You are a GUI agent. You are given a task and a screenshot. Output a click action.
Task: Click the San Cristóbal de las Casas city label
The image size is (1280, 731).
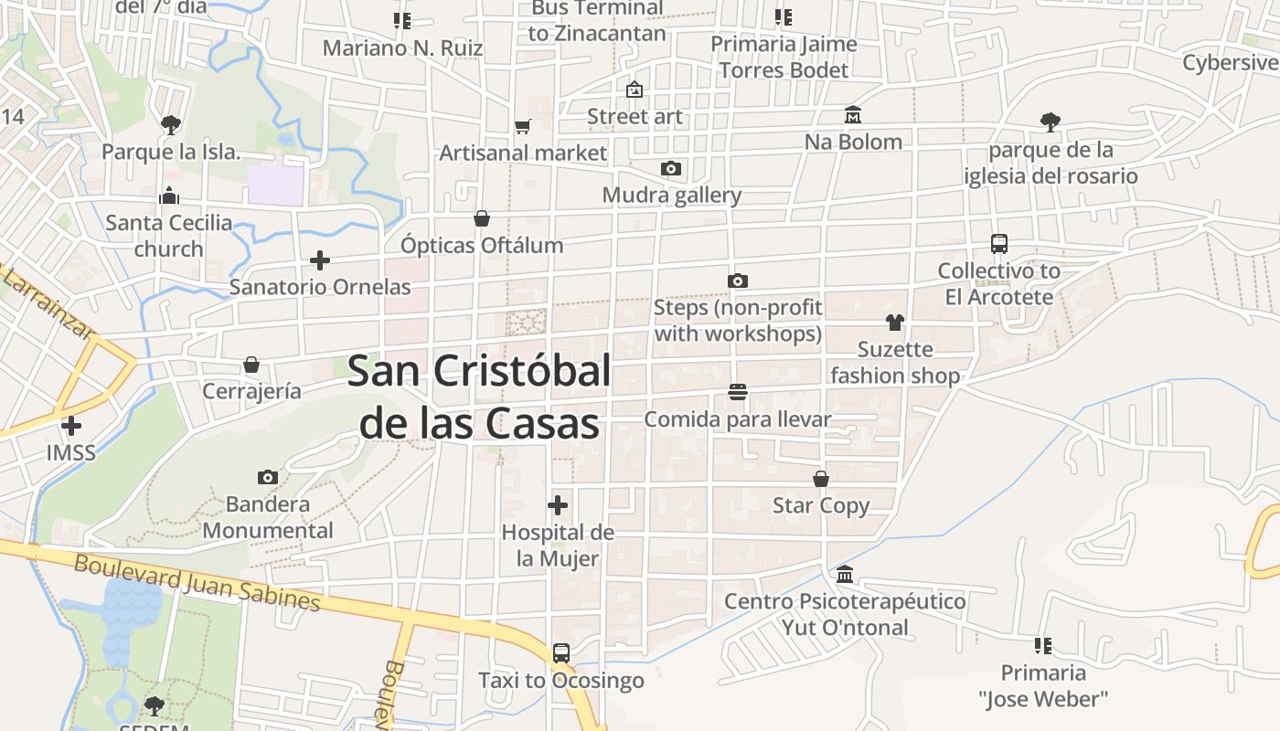point(479,397)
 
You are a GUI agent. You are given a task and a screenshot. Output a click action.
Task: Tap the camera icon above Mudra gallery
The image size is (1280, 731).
point(671,169)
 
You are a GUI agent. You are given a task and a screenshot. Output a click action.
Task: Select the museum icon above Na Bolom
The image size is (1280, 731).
point(853,115)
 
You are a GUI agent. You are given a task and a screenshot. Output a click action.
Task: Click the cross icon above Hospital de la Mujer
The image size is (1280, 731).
point(558,505)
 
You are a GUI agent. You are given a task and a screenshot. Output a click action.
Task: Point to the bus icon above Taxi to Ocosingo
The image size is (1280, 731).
point(560,653)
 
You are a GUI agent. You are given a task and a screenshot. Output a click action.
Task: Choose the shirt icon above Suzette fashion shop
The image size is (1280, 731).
point(894,323)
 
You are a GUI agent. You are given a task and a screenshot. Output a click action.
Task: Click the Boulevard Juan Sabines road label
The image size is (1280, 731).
point(197,584)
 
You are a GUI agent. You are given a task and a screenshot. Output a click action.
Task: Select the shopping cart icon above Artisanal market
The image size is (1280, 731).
point(522,127)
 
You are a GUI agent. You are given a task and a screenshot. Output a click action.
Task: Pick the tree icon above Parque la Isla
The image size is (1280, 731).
point(170,124)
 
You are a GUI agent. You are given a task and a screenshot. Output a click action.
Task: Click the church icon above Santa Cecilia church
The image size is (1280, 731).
point(169,196)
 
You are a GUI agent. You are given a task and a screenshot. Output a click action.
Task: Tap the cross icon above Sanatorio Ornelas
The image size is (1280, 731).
point(320,260)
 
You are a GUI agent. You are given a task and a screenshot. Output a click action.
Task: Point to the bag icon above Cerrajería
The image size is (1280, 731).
point(251,365)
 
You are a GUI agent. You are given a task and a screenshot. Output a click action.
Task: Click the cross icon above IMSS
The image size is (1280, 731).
point(71,426)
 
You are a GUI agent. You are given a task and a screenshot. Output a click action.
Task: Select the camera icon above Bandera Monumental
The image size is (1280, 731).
point(268,477)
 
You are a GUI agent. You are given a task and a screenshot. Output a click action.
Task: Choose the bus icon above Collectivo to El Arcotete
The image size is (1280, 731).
point(999,244)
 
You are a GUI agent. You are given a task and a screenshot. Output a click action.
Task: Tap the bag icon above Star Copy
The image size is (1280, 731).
point(821,479)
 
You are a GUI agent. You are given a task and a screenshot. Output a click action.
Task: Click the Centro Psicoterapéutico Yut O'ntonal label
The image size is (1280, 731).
point(845,614)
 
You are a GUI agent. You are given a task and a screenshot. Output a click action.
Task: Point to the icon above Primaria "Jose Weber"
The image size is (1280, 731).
point(1043,646)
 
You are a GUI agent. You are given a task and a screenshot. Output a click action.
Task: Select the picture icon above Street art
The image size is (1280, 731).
point(635,90)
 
